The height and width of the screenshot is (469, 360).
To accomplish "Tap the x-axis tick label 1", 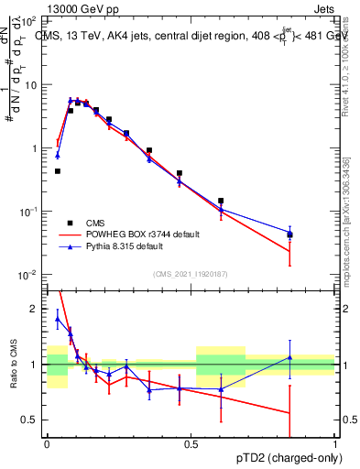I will [335, 443].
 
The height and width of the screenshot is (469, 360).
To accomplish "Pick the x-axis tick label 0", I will [46, 443].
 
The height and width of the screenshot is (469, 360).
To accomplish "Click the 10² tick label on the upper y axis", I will [30, 21].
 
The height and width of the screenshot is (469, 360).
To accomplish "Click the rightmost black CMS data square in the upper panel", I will [290, 235].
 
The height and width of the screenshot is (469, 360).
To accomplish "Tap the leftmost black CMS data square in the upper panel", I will [57, 171].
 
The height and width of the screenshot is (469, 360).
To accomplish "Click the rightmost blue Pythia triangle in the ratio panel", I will [290, 357].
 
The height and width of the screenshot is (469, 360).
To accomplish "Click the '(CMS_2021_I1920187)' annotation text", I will [190, 273].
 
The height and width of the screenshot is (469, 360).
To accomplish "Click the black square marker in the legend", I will [70, 222].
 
